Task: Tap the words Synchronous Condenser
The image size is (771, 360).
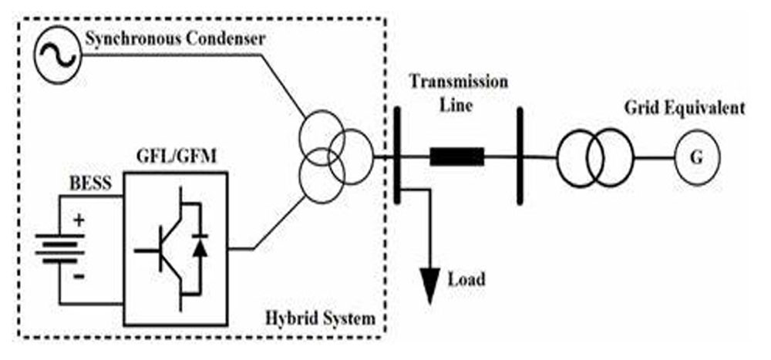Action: click(176, 39)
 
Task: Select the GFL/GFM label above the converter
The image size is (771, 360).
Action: click(176, 159)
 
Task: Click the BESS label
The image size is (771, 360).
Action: click(89, 183)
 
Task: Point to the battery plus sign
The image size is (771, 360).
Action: click(79, 220)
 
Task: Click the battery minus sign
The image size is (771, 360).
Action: click(79, 277)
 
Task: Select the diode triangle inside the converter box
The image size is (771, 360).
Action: click(199, 248)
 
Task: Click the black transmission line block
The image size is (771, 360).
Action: click(456, 156)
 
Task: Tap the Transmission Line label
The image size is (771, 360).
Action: click(459, 93)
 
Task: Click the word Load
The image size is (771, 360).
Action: click(466, 279)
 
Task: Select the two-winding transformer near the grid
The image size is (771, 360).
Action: click(595, 157)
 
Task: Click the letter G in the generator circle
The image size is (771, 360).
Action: click(697, 158)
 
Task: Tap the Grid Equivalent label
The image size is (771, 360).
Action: click(685, 108)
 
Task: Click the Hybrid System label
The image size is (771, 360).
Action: click(320, 318)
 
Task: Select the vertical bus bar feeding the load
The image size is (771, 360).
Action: click(397, 156)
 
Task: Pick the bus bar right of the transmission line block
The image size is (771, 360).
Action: click(520, 156)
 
